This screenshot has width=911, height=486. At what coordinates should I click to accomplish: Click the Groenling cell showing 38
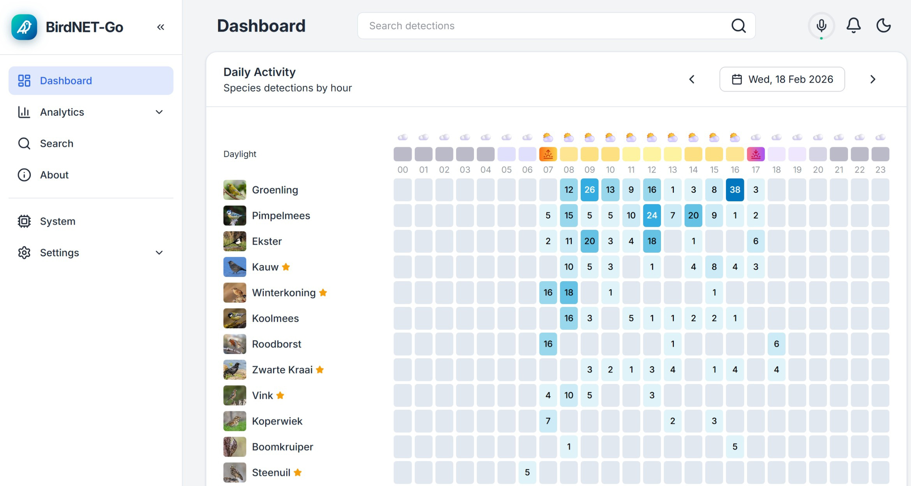[735, 190]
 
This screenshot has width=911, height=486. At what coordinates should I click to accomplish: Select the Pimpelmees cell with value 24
[652, 215]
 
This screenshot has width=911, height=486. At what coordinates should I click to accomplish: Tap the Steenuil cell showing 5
[527, 472]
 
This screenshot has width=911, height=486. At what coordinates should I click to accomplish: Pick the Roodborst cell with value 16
[548, 344]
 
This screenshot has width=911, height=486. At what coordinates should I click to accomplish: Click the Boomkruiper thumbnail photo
[234, 447]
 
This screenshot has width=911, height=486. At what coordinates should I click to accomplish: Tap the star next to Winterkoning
[323, 292]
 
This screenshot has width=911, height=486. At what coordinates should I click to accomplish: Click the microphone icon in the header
[821, 26]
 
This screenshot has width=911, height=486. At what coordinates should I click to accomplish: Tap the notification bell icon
[853, 26]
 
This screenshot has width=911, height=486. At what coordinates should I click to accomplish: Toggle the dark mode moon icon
[883, 26]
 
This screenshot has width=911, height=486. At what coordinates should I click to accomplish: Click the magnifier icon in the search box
[738, 26]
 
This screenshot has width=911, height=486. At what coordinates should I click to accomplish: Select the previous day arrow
[692, 79]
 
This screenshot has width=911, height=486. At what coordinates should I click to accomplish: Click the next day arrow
[872, 79]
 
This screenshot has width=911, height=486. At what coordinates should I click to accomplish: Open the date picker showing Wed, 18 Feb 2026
[782, 79]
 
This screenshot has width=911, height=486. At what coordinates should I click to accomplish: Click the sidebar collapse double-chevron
[160, 27]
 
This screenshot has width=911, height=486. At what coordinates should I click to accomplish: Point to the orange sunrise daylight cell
[548, 154]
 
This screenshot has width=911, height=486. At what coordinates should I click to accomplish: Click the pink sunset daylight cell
[755, 154]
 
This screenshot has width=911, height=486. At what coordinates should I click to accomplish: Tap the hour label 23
[880, 170]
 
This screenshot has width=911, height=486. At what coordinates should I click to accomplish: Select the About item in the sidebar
[54, 175]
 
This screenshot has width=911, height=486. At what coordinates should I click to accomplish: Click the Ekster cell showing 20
[589, 241]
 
